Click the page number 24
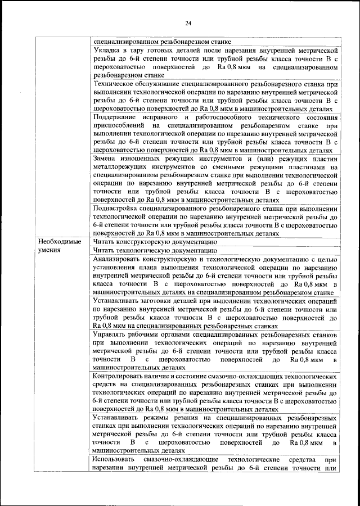tap(188, 23)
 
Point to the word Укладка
tap(107, 51)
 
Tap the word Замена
tap(106, 159)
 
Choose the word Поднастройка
tap(117, 208)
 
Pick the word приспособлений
tap(119, 125)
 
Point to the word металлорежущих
tap(120, 167)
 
